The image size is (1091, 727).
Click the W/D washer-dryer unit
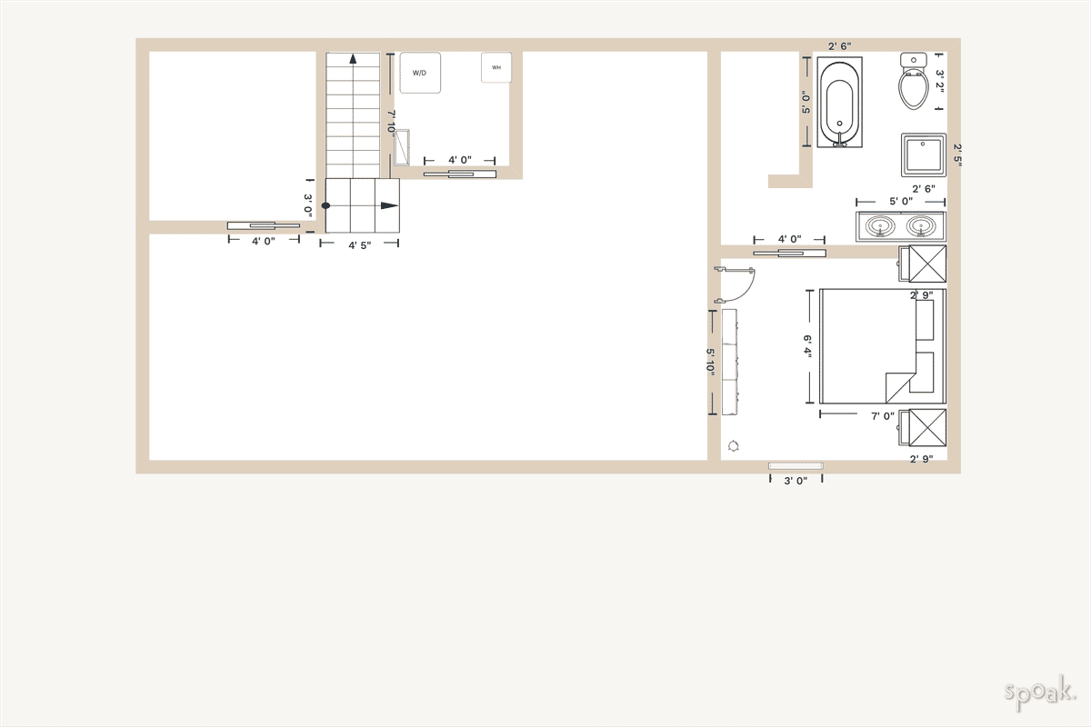[x=420, y=73]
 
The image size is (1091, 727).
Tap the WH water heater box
[x=496, y=67]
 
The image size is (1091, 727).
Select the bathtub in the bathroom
[x=837, y=102]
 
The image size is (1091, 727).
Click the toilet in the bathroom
[x=913, y=82]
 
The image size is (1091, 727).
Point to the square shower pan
[x=923, y=155]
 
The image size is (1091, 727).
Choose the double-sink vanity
[x=900, y=225]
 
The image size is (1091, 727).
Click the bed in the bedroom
[x=882, y=346]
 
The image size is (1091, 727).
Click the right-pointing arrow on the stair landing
[x=389, y=205]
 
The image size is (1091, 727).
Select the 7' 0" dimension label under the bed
[x=883, y=416]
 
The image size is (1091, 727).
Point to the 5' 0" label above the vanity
[x=900, y=201]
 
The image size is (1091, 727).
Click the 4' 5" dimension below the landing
[x=360, y=244]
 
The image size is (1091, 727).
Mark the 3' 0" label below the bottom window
[x=796, y=481]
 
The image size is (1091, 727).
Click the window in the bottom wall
[x=796, y=466]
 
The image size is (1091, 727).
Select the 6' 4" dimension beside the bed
[x=806, y=347]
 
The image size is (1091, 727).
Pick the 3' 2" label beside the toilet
[x=941, y=82]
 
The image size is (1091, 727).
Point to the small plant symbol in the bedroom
[x=734, y=445]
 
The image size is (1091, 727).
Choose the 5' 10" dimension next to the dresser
[x=711, y=362]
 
